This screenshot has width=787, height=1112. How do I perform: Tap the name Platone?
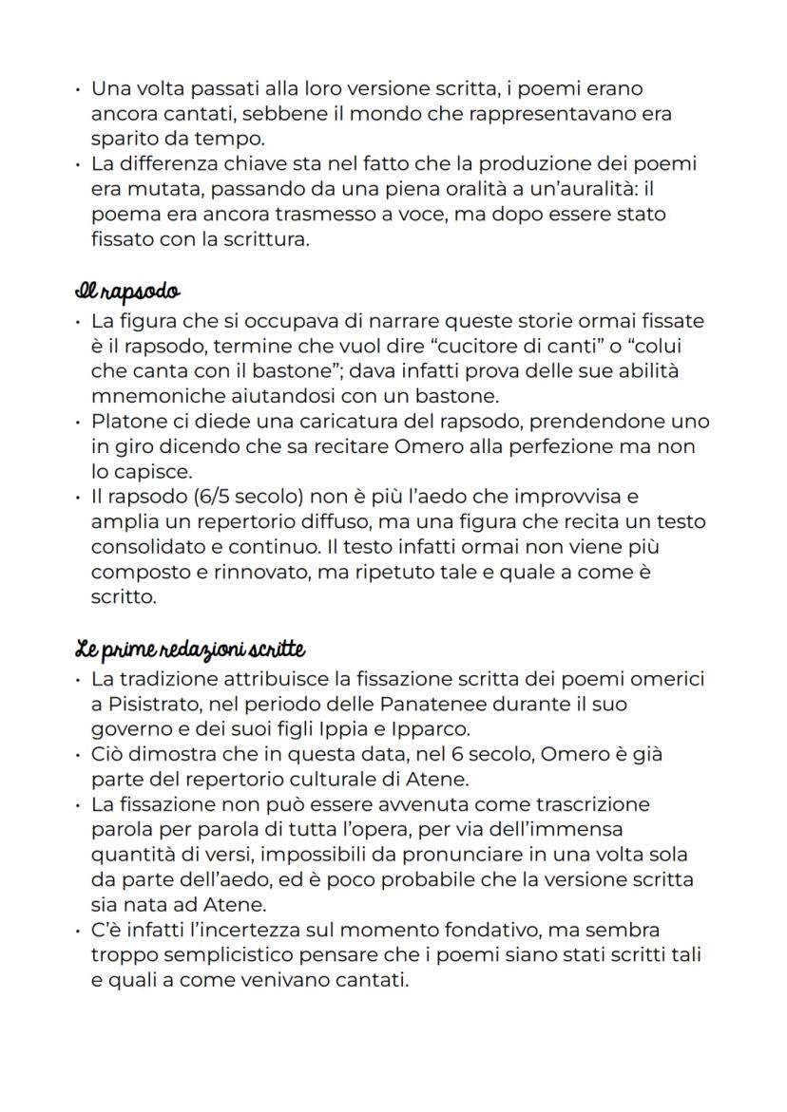click(129, 421)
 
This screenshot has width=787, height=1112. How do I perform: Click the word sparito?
click(125, 139)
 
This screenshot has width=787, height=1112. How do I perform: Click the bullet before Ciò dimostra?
click(77, 757)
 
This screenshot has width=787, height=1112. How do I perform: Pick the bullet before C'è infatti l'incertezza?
click(77, 929)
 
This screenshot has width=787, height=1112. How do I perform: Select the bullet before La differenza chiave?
click(77, 164)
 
